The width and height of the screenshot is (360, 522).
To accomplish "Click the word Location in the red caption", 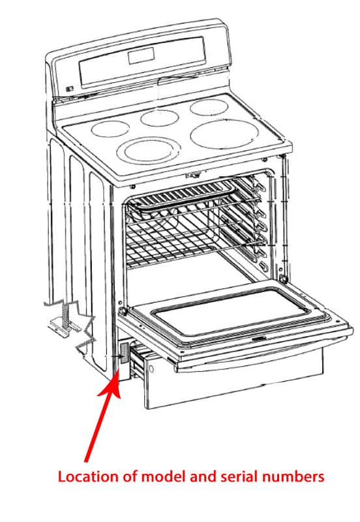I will (82, 477).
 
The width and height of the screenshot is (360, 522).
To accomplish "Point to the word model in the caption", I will (158, 477).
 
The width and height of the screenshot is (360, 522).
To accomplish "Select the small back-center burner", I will (160, 117).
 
